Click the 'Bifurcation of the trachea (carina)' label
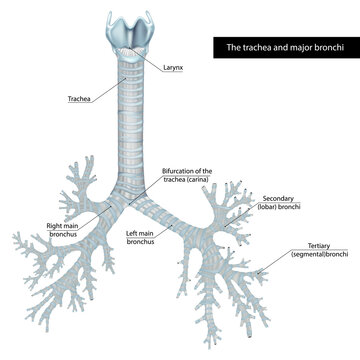point(187,176)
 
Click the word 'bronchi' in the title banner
point(320,47)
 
